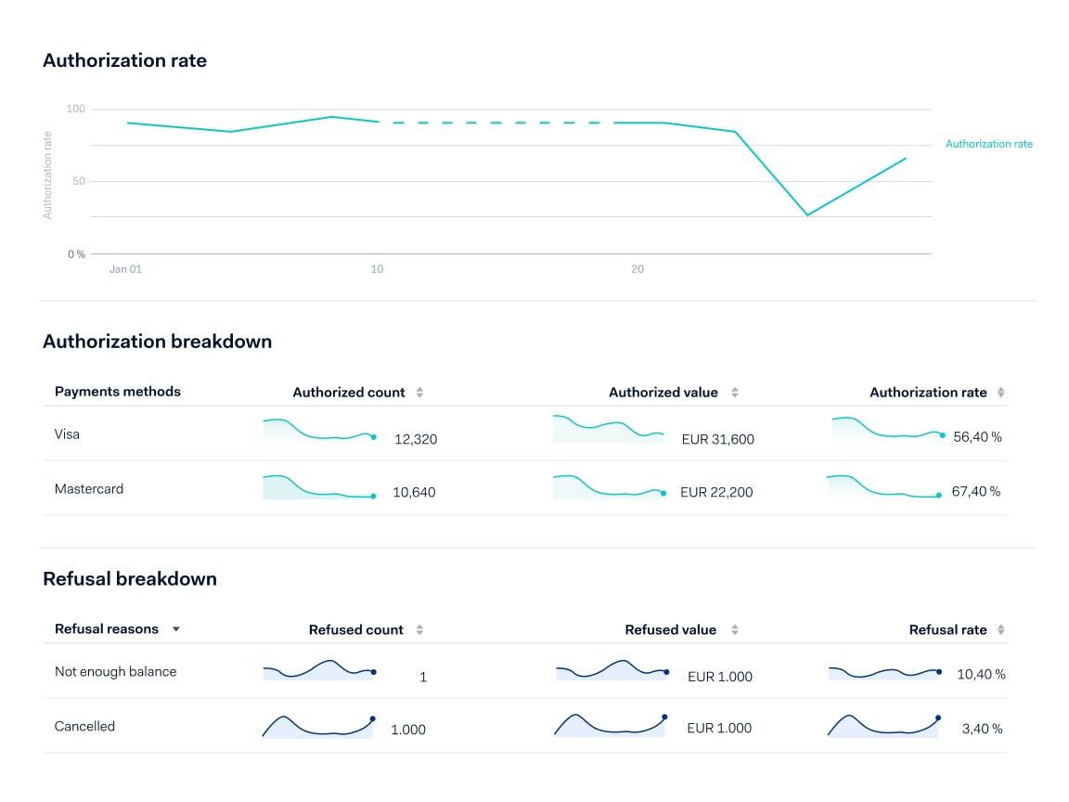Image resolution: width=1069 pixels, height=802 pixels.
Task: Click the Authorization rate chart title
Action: (124, 61)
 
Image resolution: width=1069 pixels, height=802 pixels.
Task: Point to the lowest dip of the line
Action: (807, 215)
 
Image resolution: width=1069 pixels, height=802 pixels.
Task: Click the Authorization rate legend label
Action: (988, 144)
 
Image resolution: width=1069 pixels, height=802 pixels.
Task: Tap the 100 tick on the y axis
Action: (75, 110)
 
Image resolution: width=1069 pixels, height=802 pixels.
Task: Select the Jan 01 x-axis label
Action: (125, 269)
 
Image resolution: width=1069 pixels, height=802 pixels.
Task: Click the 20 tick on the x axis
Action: (638, 269)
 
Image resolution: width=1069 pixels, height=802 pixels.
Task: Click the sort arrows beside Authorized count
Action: (419, 393)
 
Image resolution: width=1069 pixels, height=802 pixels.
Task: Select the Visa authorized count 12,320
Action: (415, 439)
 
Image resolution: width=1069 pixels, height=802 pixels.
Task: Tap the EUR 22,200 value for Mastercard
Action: (715, 493)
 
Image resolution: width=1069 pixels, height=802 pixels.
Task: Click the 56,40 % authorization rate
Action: (977, 437)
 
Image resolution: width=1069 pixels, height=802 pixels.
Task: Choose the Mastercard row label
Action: (89, 489)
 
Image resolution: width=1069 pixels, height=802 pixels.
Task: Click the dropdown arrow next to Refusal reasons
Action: (176, 629)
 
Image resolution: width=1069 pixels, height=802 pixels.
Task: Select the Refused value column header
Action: (670, 630)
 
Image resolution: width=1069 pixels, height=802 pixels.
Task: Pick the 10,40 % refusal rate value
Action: (981, 675)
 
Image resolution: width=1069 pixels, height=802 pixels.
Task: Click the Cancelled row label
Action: (84, 727)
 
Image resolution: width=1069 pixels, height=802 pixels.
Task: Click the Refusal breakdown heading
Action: (130, 579)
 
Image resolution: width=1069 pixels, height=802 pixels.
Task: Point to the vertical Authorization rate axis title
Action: (48, 175)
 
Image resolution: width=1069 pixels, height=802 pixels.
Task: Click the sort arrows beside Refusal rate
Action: (1000, 630)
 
